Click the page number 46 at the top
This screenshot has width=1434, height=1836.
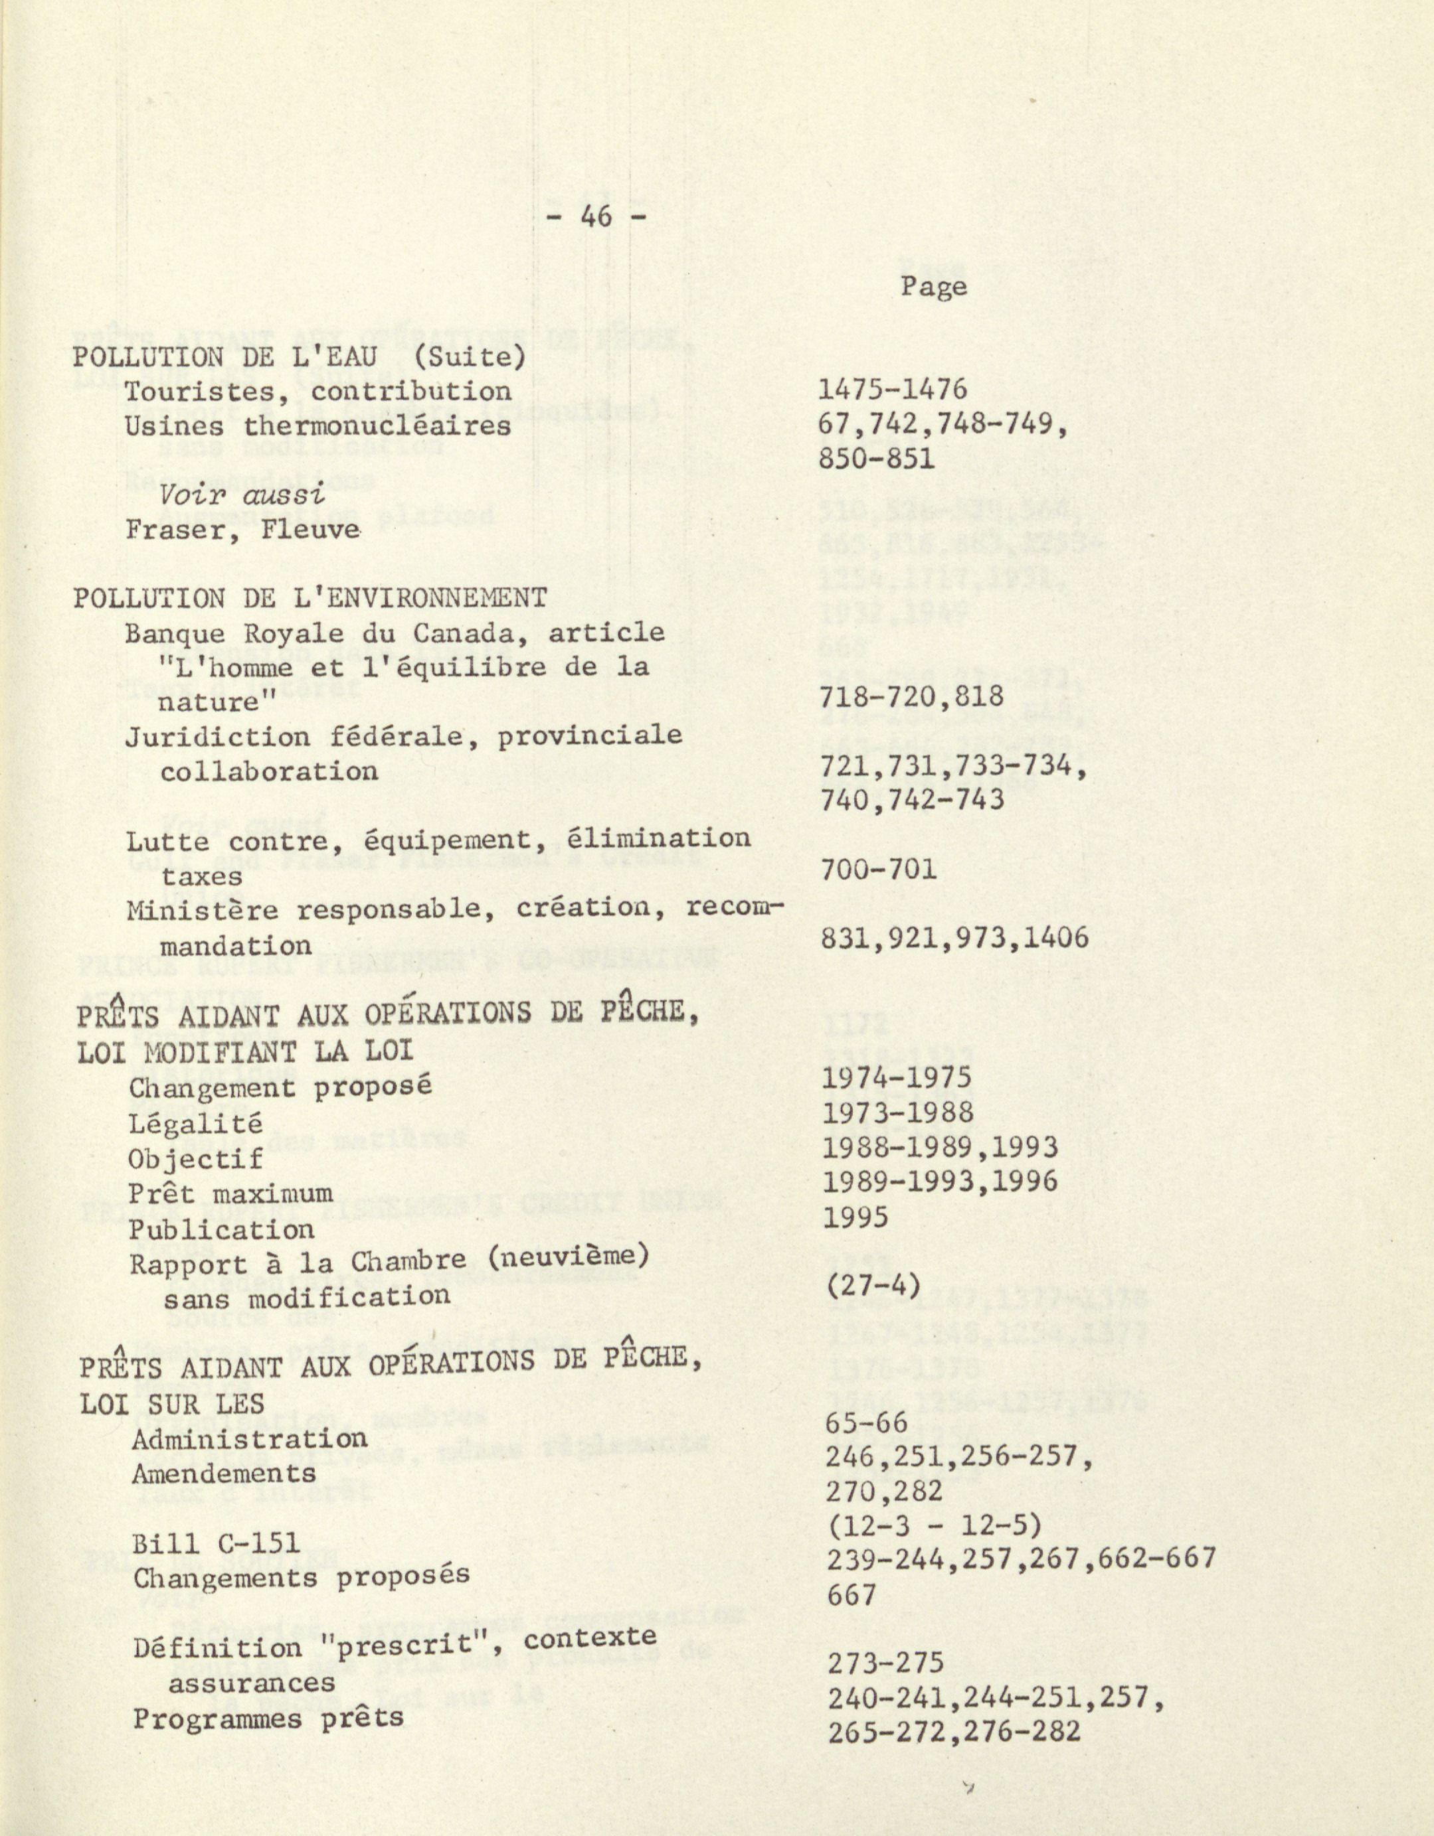click(x=596, y=217)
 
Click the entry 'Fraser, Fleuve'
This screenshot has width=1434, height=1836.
click(x=243, y=530)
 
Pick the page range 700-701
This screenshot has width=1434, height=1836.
click(x=878, y=868)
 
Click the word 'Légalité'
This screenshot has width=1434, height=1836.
click(x=196, y=1123)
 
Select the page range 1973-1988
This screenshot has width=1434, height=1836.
click(x=898, y=1112)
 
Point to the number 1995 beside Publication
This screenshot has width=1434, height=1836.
click(x=855, y=1217)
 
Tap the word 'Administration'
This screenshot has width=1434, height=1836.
click(x=249, y=1439)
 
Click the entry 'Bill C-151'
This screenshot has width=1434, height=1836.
click(x=216, y=1543)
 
